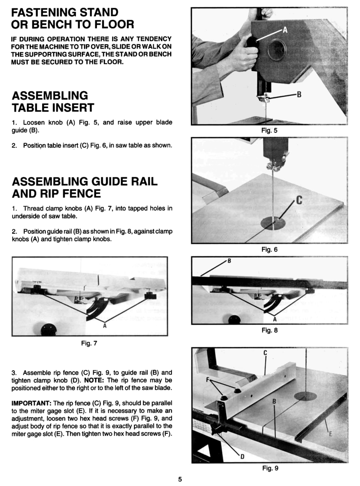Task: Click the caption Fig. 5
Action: coord(270,130)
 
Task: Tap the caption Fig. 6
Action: coord(270,249)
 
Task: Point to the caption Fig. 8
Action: coord(270,330)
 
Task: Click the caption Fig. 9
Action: coord(270,469)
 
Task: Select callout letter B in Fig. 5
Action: coord(299,95)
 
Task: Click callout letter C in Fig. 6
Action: coord(300,200)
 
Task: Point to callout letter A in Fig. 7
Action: coord(105,325)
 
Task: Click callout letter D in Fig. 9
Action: coord(242,457)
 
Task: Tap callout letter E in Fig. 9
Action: coord(330,435)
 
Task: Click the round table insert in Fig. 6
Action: coord(273,222)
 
